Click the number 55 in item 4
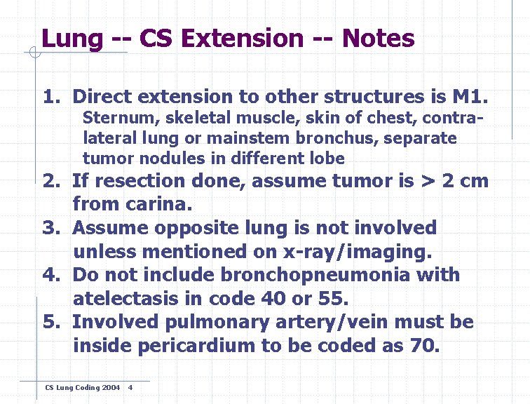click(330, 298)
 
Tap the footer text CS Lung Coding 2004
click(82, 388)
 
